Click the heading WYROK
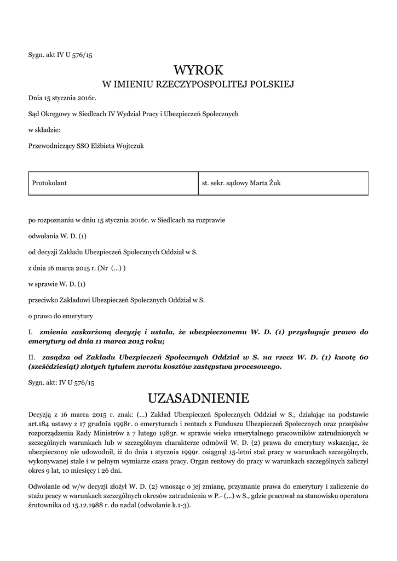click(199, 70)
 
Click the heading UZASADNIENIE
click(199, 397)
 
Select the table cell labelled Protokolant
click(50, 183)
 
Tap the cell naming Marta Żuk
click(241, 183)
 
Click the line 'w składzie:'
click(44, 129)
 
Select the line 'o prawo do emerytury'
click(60, 316)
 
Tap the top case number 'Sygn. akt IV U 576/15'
click(61, 54)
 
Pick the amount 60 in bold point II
click(364, 357)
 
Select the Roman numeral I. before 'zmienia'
click(31, 332)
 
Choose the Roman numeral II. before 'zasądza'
click(32, 357)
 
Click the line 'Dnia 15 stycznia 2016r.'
click(62, 98)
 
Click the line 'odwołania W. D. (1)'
click(57, 236)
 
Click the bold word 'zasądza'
click(58, 357)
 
